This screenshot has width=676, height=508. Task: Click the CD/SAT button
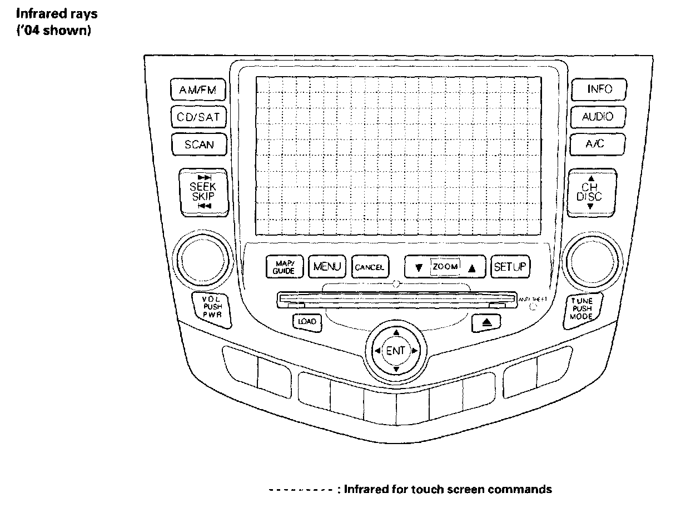(x=198, y=117)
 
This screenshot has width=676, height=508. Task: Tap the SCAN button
(x=198, y=145)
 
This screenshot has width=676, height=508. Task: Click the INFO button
(x=599, y=89)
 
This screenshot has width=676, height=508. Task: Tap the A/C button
(x=598, y=144)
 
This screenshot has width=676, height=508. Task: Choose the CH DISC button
(x=590, y=192)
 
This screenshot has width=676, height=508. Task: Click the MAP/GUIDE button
(x=284, y=267)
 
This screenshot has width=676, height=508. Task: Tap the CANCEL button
(x=370, y=267)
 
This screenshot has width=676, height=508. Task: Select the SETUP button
(x=510, y=267)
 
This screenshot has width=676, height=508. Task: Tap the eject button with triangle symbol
(x=479, y=321)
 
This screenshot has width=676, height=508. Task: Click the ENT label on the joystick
(x=395, y=351)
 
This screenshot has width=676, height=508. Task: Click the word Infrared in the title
(x=39, y=13)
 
